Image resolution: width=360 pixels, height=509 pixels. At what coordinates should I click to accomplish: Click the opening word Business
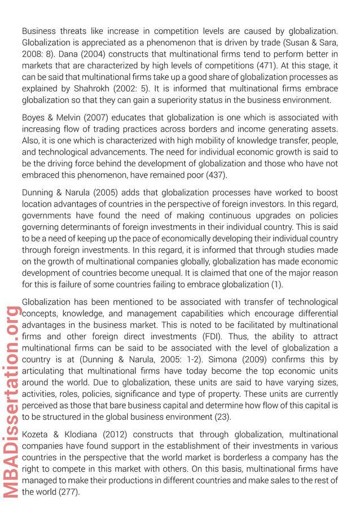point(39,31)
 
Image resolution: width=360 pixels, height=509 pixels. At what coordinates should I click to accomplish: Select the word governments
point(47,216)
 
